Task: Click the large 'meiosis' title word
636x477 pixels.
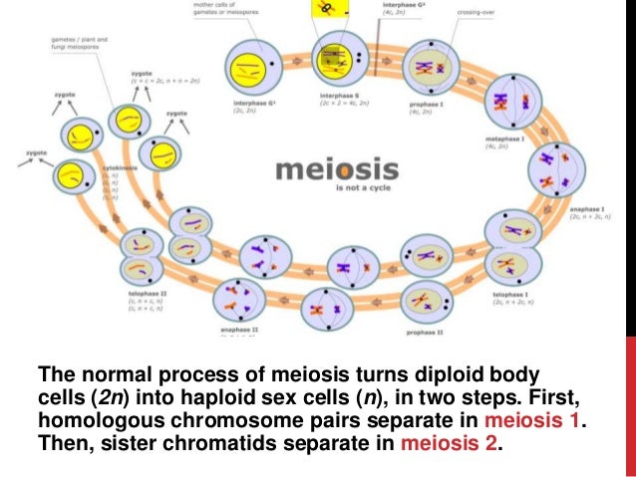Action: [x=336, y=170]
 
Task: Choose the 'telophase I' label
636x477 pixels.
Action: [x=508, y=295]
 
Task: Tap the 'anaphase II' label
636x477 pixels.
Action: [x=239, y=328]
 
